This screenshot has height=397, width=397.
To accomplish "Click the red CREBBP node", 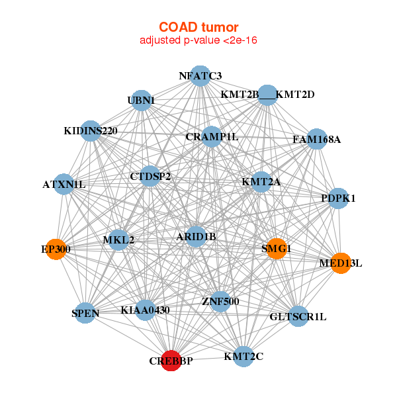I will click(171, 360).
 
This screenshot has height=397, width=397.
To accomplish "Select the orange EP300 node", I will click(56, 249).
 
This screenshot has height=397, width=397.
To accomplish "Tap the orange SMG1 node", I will click(276, 249).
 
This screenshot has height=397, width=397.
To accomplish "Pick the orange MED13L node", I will click(340, 263).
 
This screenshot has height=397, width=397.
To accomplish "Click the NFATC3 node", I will click(200, 75).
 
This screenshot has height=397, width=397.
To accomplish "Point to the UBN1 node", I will click(140, 100).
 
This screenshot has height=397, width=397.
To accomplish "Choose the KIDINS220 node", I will click(91, 130).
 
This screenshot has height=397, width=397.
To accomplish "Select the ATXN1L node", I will click(64, 184).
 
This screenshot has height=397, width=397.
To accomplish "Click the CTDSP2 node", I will click(151, 176).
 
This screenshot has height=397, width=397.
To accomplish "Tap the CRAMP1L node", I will click(212, 136).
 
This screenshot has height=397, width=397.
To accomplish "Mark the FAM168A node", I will click(317, 139).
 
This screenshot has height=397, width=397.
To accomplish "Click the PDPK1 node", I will click(338, 198).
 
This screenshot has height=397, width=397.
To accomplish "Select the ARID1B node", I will click(196, 236).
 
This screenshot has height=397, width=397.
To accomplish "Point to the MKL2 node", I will click(118, 240).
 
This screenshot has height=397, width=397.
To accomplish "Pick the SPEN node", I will click(85, 313).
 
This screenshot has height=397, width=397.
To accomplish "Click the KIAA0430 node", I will click(146, 310).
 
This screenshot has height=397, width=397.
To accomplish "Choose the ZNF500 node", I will click(220, 302).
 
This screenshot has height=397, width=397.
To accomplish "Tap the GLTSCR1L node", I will click(298, 316).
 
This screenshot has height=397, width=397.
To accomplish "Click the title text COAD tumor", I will click(198, 26).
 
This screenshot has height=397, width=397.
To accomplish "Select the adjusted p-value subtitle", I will click(198, 40).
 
